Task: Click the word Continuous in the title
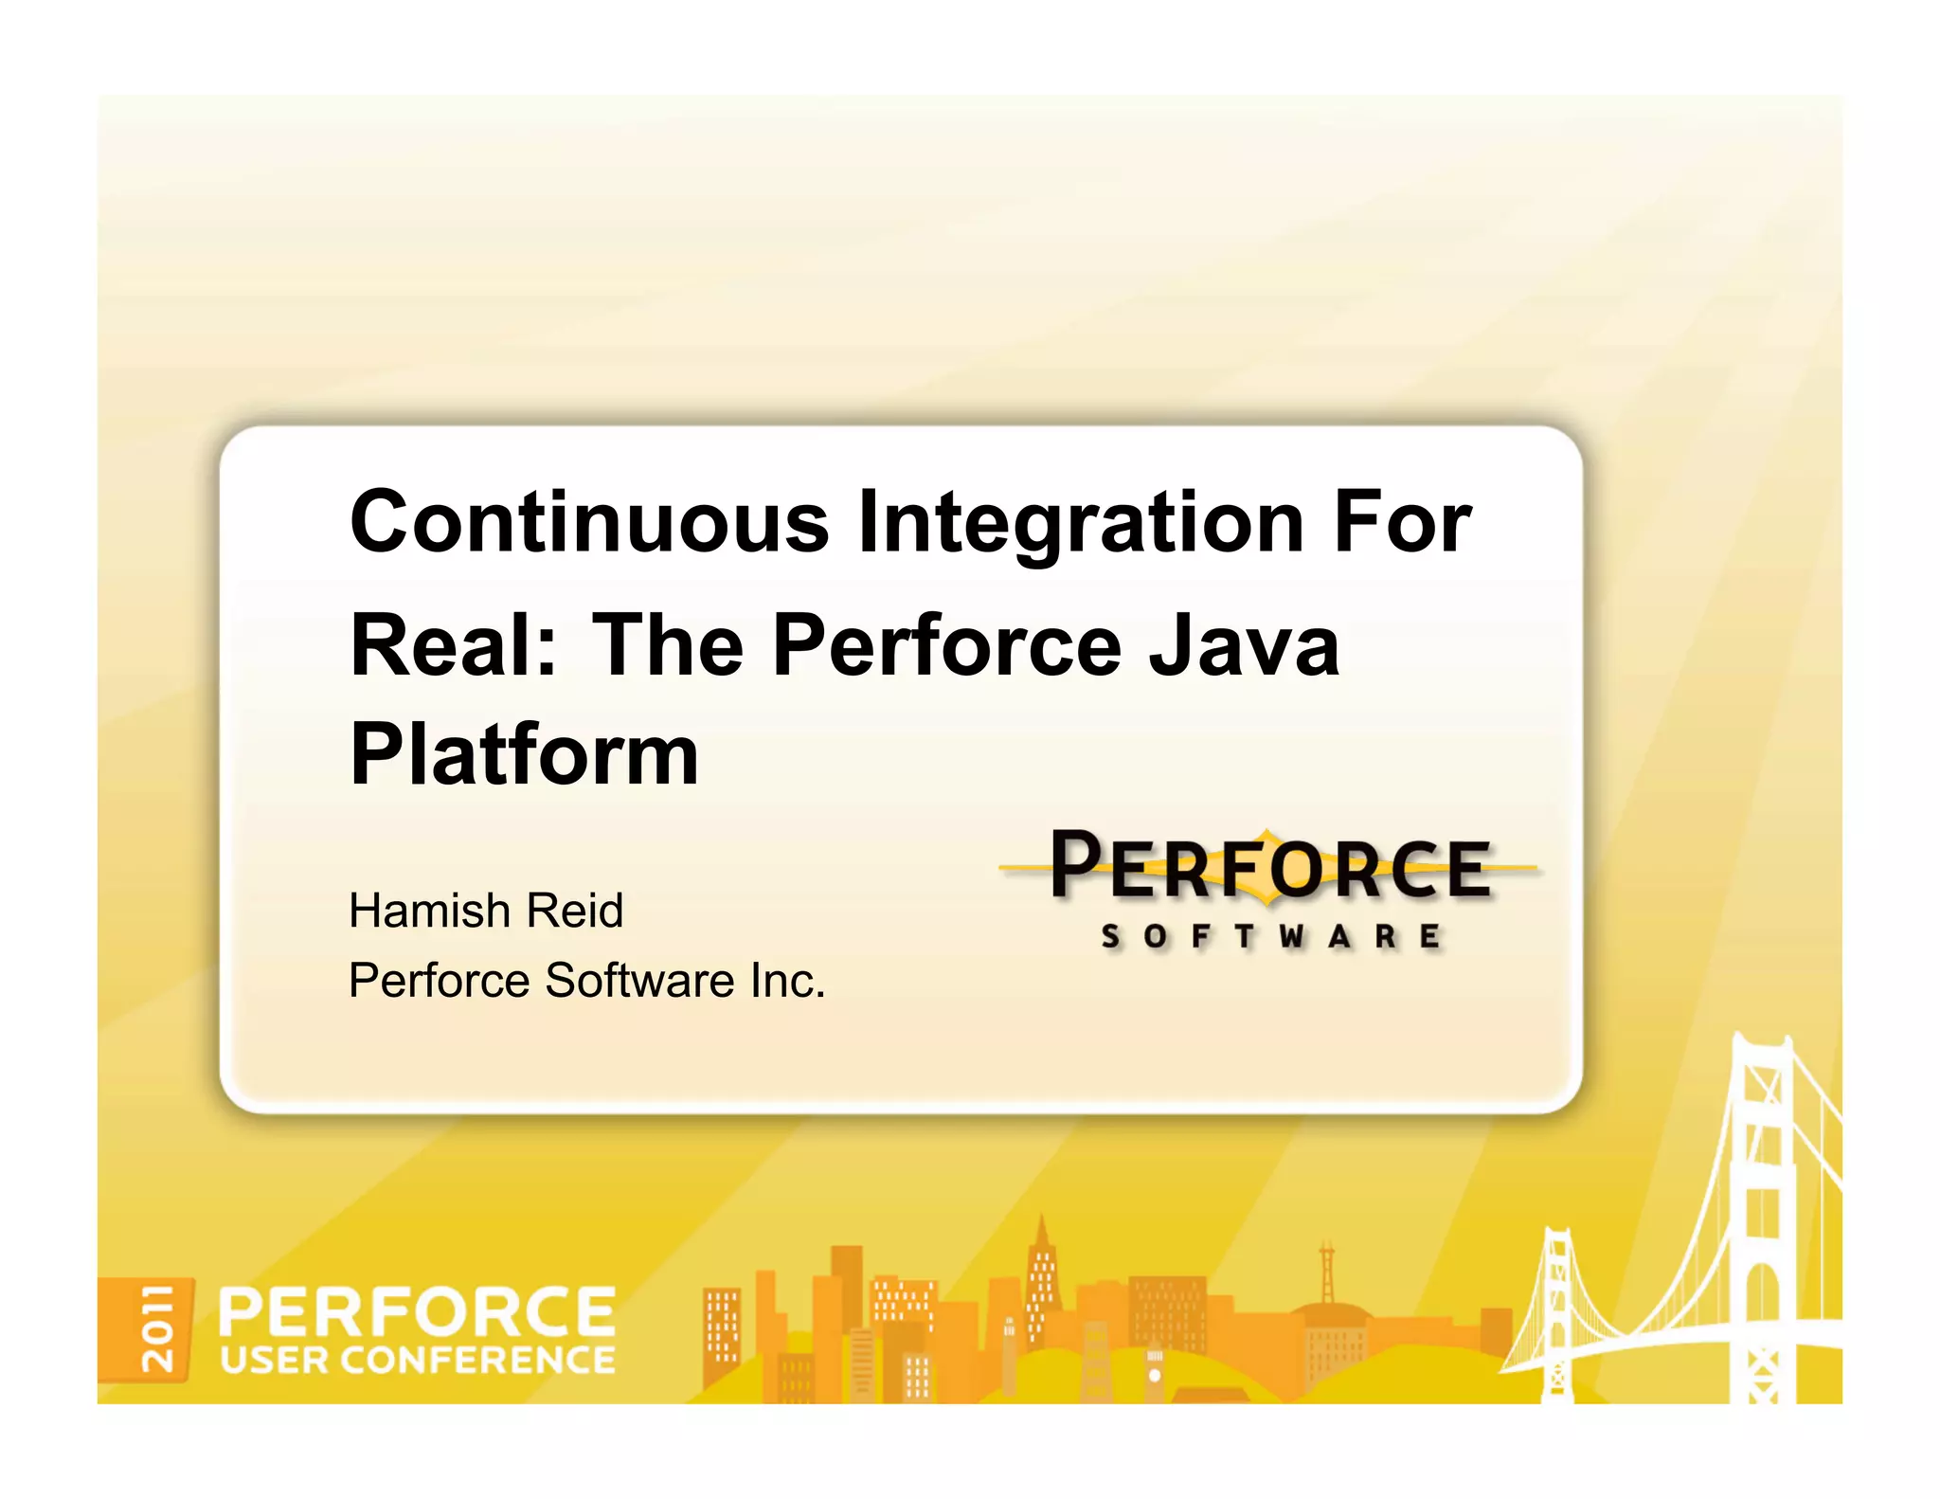tap(589, 522)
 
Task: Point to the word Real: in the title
tap(454, 645)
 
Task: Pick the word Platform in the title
tap(524, 755)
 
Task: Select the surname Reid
tap(575, 911)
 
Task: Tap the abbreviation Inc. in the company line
tap(787, 981)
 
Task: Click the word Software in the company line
tap(639, 981)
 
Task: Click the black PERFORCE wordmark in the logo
tap(1270, 866)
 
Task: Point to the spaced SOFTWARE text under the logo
tap(1270, 937)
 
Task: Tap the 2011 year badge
tap(157, 1328)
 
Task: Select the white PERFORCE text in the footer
tap(417, 1311)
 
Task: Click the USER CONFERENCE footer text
tap(417, 1361)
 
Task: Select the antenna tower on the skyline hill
tap(1327, 1274)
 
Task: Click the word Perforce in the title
tap(946, 645)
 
